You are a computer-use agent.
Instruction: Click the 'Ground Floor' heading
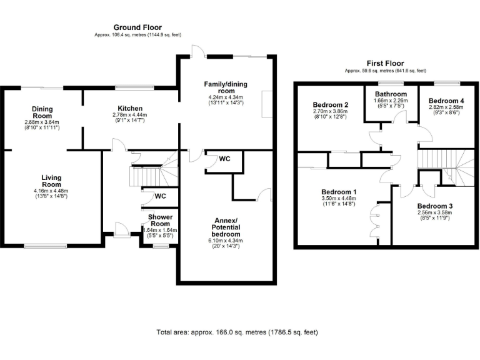(x=137, y=27)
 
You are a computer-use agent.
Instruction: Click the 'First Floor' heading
(x=386, y=63)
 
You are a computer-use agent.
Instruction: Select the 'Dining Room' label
(x=42, y=112)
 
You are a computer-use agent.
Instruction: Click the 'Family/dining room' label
(x=226, y=87)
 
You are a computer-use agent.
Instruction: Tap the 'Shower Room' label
(x=160, y=220)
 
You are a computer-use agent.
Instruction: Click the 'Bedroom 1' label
(x=339, y=192)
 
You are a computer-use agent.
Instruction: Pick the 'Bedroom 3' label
(x=435, y=206)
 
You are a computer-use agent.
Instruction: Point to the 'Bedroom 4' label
(x=446, y=101)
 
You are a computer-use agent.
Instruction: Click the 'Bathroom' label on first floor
(x=391, y=94)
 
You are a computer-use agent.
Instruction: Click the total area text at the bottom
(x=240, y=332)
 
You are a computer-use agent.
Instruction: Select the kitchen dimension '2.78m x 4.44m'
(x=129, y=115)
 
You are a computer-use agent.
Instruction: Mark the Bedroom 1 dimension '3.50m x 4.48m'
(x=339, y=199)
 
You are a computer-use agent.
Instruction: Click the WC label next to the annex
(x=224, y=159)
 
